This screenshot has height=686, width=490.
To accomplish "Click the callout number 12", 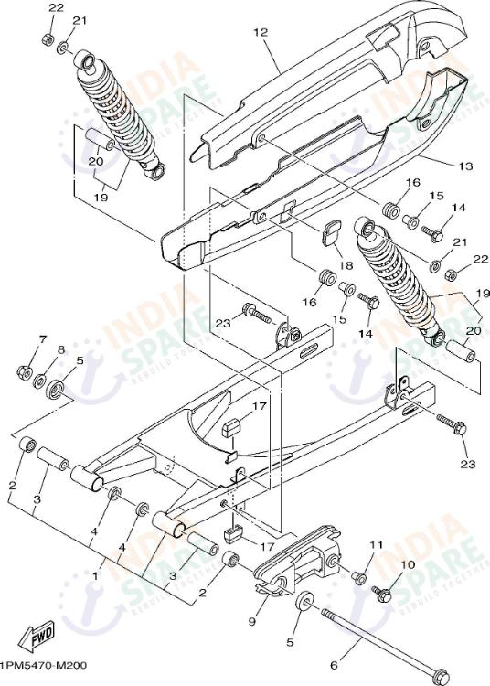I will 261,33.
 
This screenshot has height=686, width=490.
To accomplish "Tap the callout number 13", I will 441,166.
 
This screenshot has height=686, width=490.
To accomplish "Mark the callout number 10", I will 409,564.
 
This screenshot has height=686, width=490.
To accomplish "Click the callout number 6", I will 334,667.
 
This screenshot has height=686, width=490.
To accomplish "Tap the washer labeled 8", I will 44,379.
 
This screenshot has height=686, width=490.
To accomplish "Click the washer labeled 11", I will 360,579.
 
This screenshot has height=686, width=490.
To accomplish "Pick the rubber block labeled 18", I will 329,231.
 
